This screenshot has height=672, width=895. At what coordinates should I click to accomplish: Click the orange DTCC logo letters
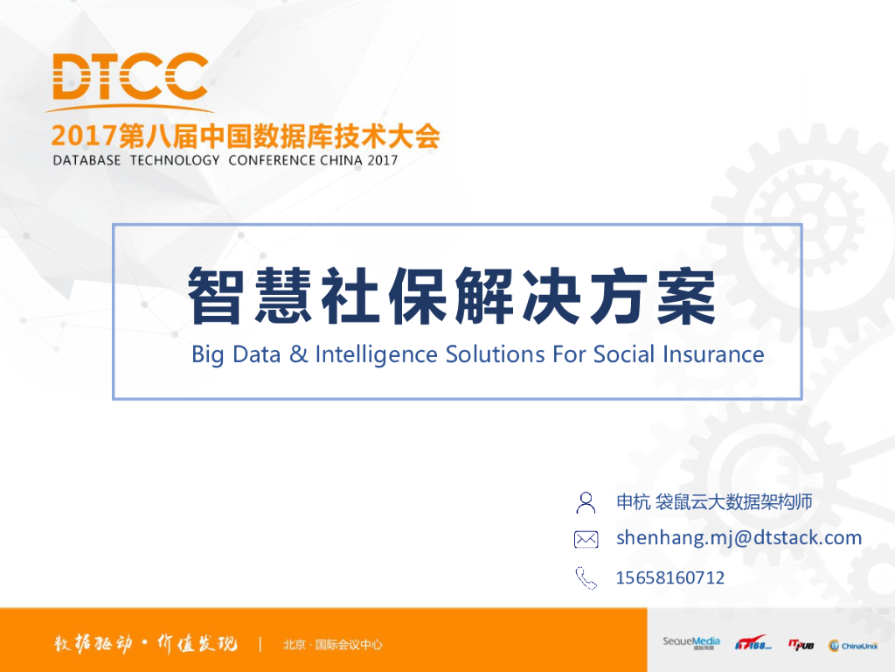pos(130,76)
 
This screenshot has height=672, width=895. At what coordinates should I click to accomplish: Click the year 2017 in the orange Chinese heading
pos(84,136)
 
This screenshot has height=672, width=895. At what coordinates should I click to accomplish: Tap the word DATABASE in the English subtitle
pos(87,160)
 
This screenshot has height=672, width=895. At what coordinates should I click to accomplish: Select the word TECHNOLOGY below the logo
pos(175,160)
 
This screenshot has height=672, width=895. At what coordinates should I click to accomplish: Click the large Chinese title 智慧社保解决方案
pos(452,297)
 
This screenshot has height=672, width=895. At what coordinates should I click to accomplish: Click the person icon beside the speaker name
pos(586,502)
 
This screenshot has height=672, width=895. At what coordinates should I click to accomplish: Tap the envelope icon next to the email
pos(586,539)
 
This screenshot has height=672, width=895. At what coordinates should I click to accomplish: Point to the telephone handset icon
pos(586,577)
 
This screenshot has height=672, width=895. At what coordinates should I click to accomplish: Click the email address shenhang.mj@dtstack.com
pos(739,537)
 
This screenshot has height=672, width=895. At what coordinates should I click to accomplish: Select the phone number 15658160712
pos(670,577)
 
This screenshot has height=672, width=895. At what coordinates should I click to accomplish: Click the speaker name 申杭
pos(633,501)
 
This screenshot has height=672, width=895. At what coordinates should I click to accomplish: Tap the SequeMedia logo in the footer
pos(690,643)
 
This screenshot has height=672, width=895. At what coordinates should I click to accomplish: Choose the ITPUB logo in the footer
pos(801,644)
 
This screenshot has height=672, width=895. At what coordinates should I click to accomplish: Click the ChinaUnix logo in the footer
pos(853,645)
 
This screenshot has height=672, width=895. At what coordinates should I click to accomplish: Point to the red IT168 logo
pos(753,644)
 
